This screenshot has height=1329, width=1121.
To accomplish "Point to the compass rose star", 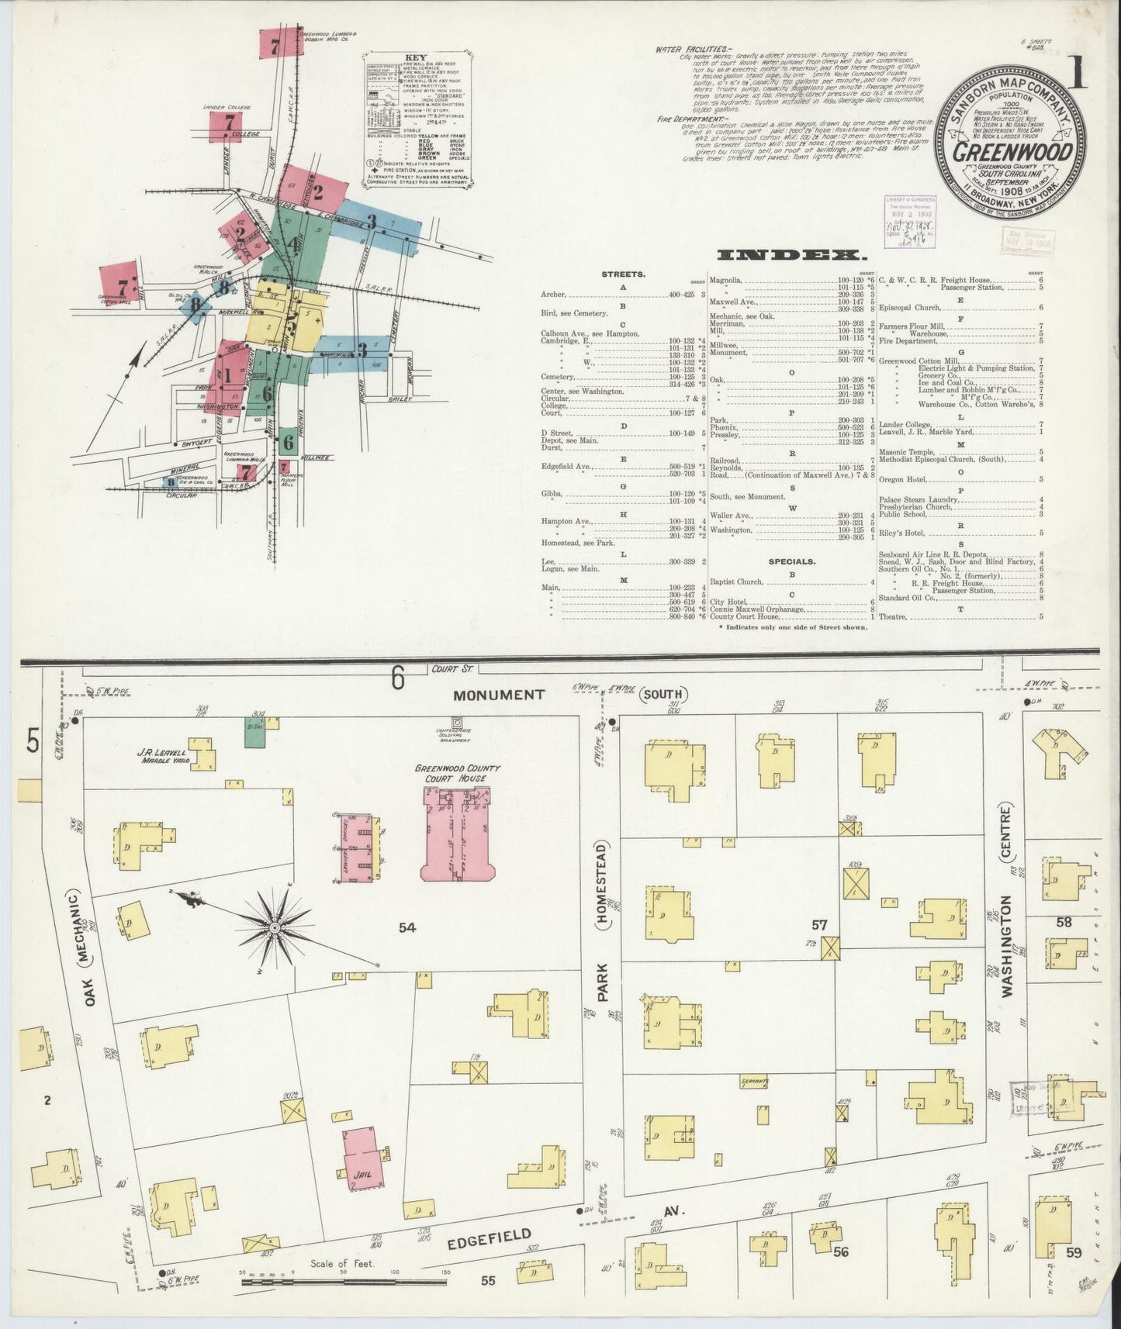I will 275,927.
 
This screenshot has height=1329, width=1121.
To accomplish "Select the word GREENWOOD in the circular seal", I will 1012,151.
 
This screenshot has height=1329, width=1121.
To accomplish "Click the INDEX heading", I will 791,254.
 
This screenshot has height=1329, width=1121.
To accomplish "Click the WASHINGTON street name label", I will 1007,946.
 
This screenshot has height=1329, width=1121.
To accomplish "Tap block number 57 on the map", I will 819,924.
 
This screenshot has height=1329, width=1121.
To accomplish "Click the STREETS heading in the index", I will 623,274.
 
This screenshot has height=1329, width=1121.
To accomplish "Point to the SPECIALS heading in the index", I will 791,561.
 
